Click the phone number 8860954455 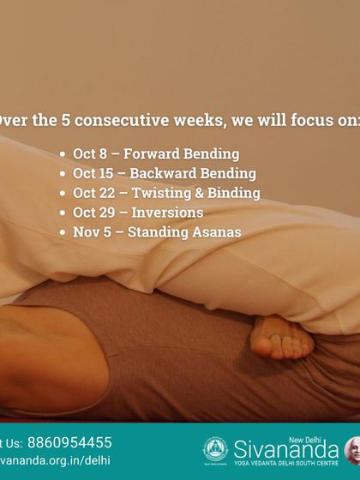(69, 442)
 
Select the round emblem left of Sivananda (215, 450)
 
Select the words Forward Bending (182, 155)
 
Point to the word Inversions (166, 213)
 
